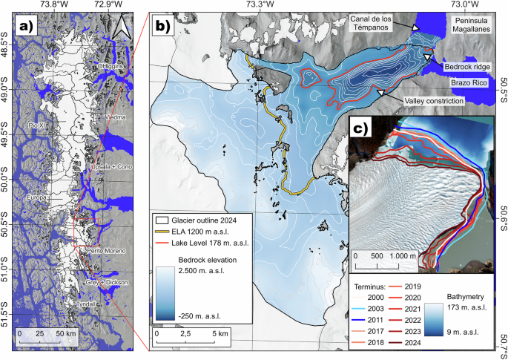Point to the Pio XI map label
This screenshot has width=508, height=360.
38,124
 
